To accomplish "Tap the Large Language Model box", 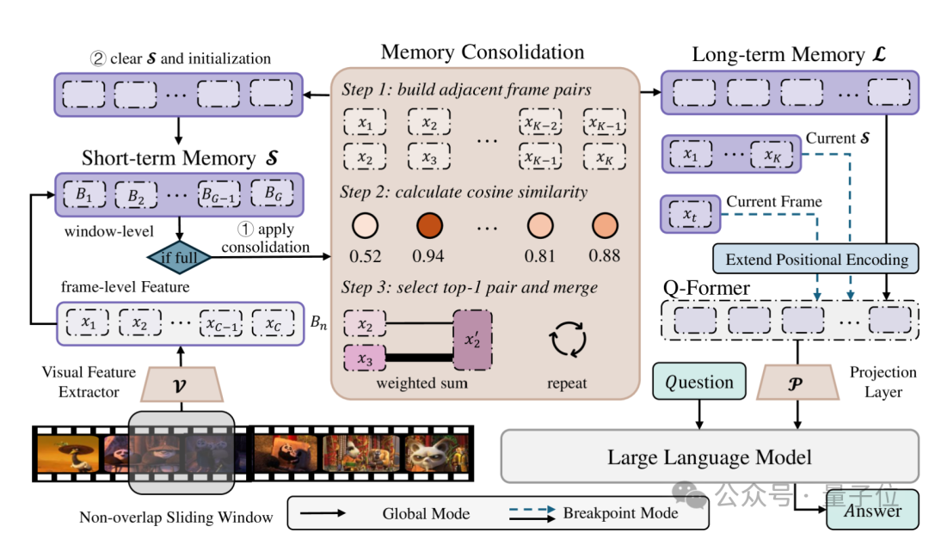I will tap(709, 456).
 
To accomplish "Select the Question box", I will tap(699, 382).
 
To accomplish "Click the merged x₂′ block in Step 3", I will tap(473, 340).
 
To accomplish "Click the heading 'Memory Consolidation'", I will tap(483, 52).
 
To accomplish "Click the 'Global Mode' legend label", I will tap(426, 513).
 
